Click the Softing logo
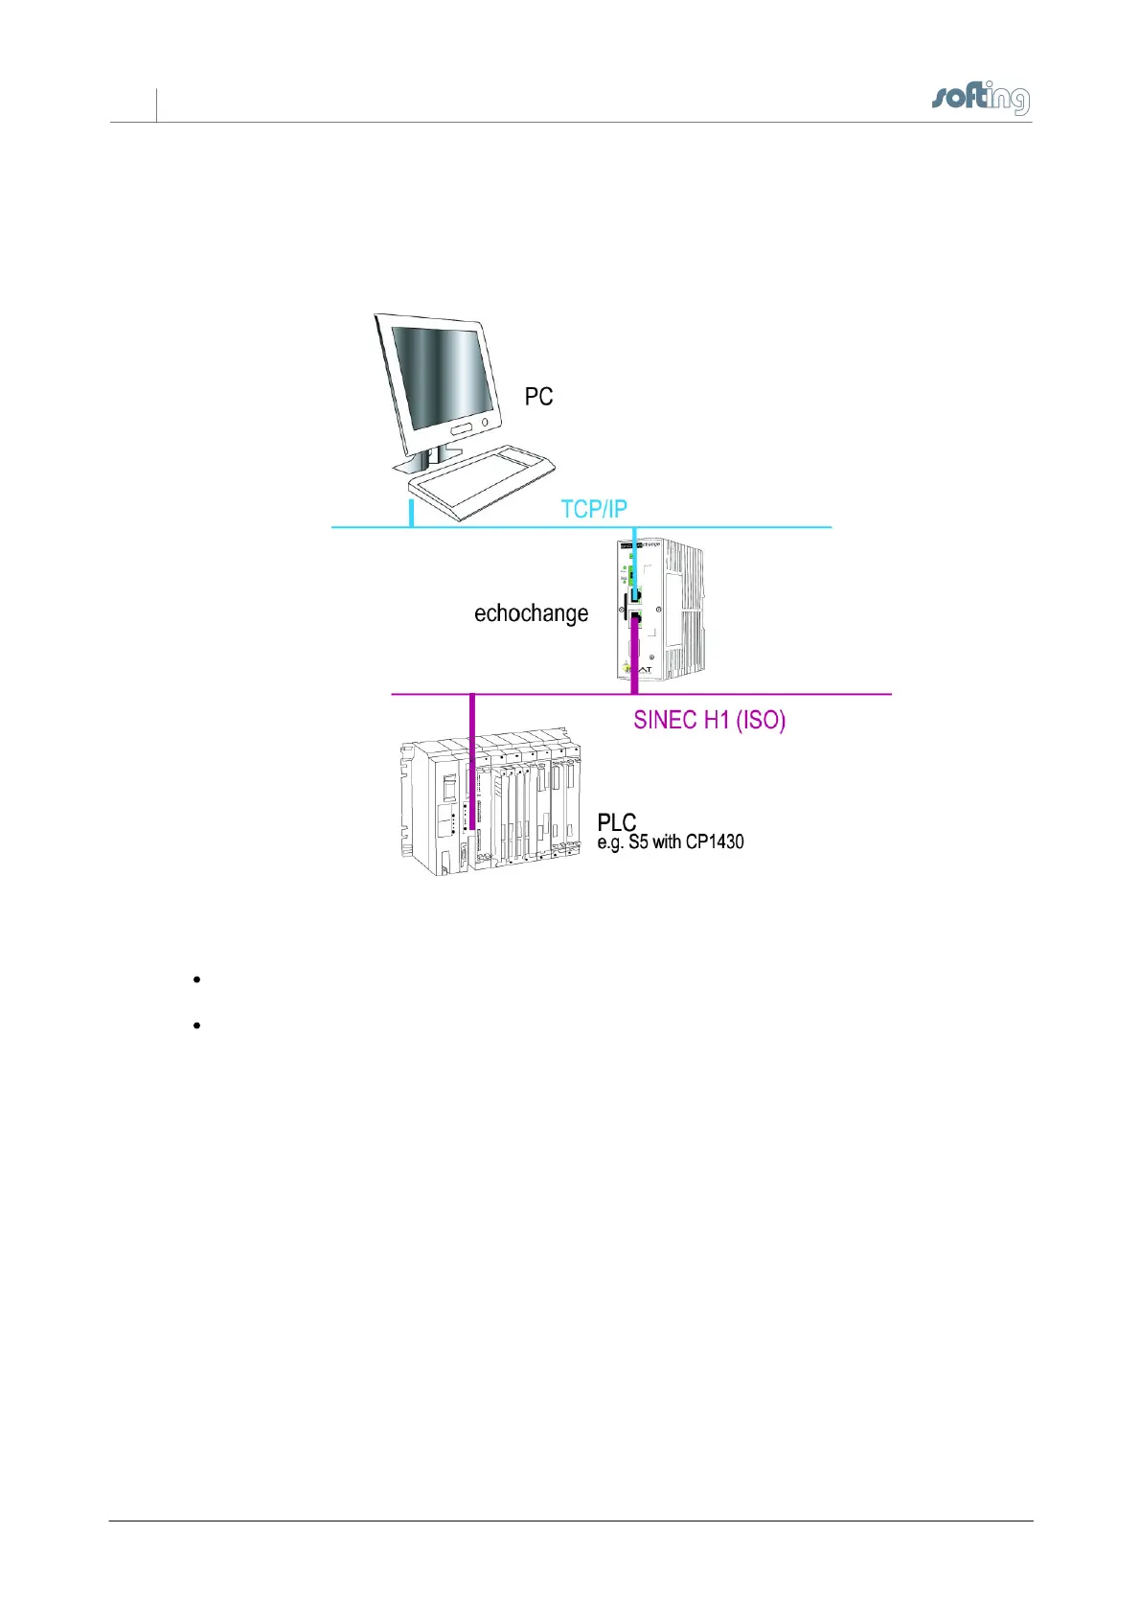pos(980,99)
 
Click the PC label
pos(538,397)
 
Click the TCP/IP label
pos(594,509)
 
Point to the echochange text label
pos(531,613)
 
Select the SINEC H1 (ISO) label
pos(709,720)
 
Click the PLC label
pos(616,822)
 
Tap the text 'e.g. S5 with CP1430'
pos(671,842)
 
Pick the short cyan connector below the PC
pos(412,513)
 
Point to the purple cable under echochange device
pos(634,661)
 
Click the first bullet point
pos(195,980)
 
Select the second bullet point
pos(195,1026)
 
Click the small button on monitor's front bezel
pos(486,422)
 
